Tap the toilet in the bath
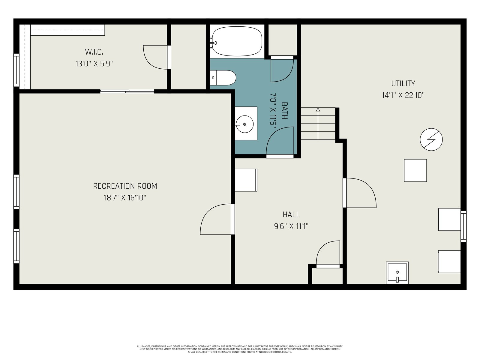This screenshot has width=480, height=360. [x=223, y=78]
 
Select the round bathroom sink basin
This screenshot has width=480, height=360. [x=245, y=124]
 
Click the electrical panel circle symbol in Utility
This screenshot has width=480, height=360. [x=431, y=139]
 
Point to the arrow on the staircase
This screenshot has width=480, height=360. [x=318, y=124]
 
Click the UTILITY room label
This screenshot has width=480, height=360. [x=403, y=83]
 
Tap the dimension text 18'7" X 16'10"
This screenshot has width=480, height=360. [x=125, y=198]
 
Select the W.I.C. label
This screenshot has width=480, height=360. [x=94, y=52]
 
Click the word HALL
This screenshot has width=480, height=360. [x=291, y=214]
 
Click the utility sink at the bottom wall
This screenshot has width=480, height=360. [x=397, y=273]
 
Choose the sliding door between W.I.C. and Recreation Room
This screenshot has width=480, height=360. [x=127, y=91]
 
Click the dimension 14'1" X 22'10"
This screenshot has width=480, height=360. [x=403, y=95]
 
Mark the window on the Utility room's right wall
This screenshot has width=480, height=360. [x=463, y=226]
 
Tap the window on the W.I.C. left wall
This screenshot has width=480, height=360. [x=16, y=70]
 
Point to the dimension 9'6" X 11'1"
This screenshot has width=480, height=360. [x=291, y=226]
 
